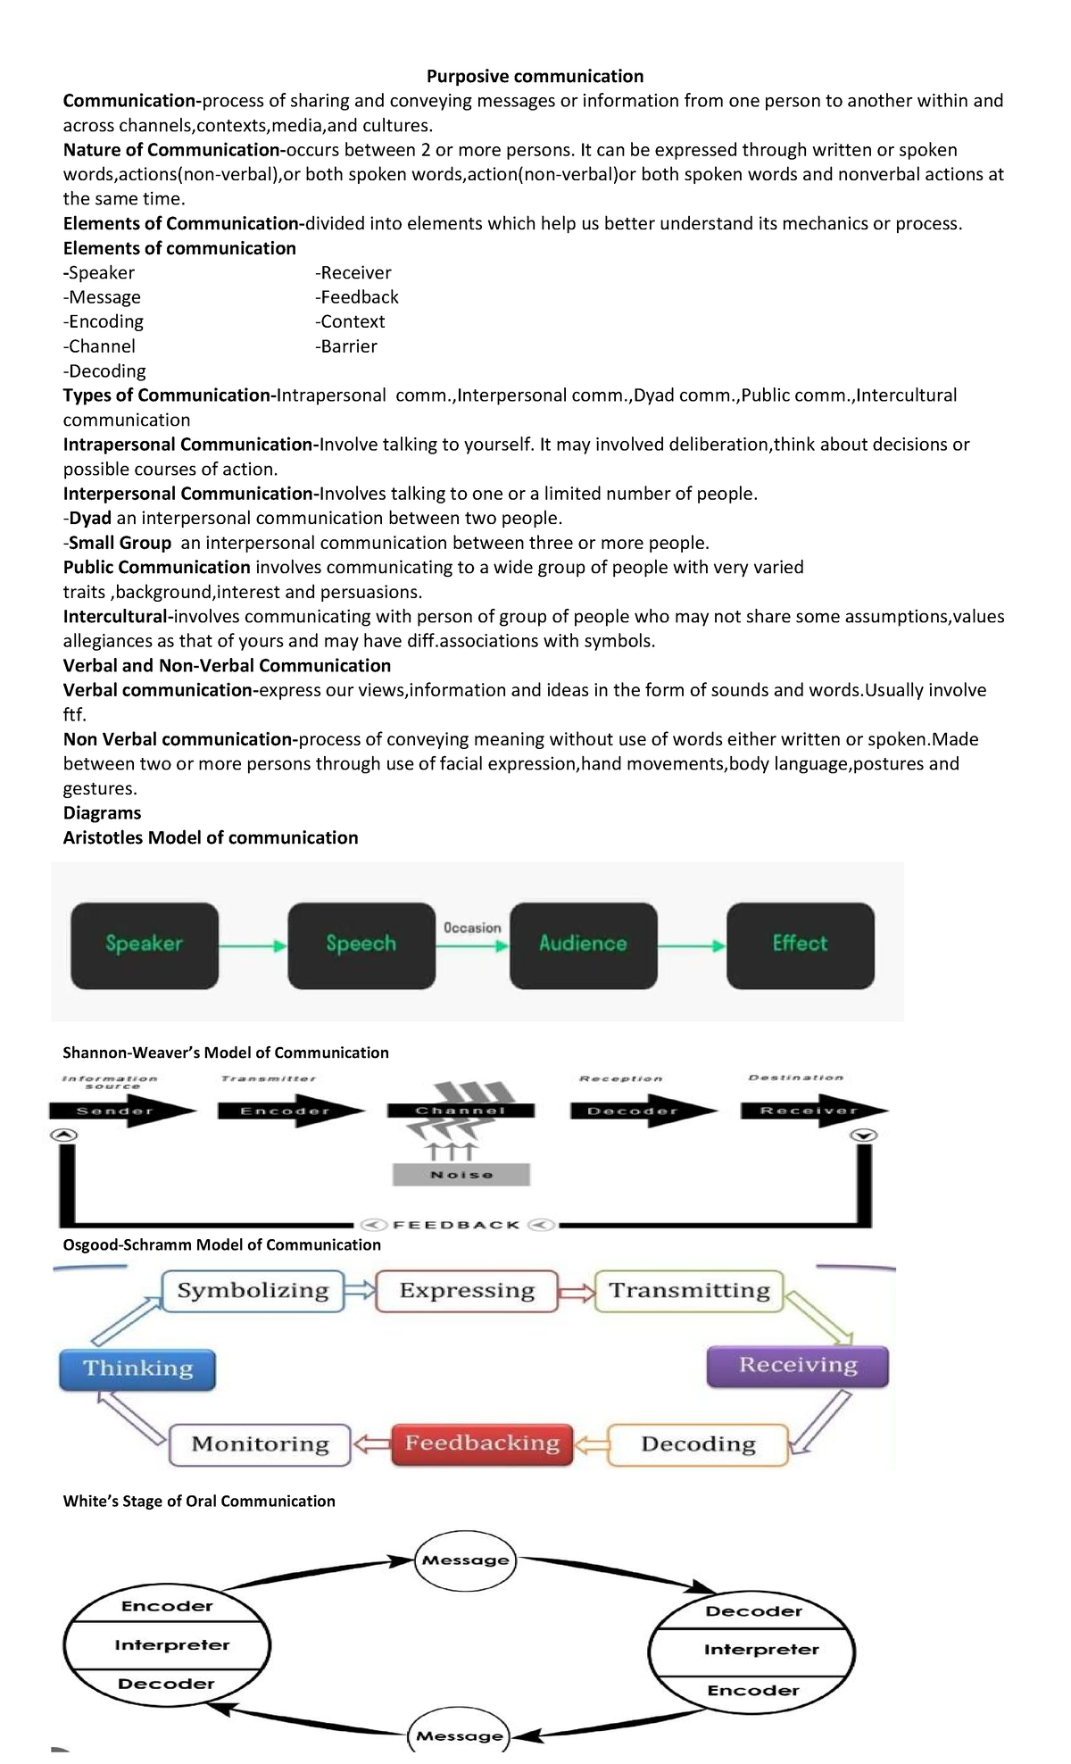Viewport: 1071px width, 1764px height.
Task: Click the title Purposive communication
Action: point(535,76)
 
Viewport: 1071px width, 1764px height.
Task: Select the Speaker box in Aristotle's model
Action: point(145,944)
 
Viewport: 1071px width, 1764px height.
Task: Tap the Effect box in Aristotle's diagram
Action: point(800,944)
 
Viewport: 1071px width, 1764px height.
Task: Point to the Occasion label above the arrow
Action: point(472,928)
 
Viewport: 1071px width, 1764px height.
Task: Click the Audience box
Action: point(583,944)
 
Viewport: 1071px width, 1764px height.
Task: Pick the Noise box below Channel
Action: point(461,1175)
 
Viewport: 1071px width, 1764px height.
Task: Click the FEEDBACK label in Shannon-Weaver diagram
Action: point(456,1225)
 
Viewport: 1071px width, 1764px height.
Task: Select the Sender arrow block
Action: point(116,1111)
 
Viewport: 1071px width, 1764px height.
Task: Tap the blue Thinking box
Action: point(137,1369)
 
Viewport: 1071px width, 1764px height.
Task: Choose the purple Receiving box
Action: point(797,1366)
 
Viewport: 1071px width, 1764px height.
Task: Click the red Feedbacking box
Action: point(482,1444)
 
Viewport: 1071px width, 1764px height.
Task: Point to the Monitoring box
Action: point(260,1444)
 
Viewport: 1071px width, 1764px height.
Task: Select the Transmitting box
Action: point(689,1291)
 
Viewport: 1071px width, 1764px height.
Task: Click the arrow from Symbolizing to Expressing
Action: point(360,1291)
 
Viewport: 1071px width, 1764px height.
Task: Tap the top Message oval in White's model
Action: point(465,1560)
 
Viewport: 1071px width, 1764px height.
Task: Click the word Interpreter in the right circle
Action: point(760,1650)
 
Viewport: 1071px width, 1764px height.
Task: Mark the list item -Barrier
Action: point(346,346)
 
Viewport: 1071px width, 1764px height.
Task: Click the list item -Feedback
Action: point(357,297)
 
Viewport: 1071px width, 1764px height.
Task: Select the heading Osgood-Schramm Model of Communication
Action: point(221,1244)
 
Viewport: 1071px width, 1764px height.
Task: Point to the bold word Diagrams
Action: point(102,813)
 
